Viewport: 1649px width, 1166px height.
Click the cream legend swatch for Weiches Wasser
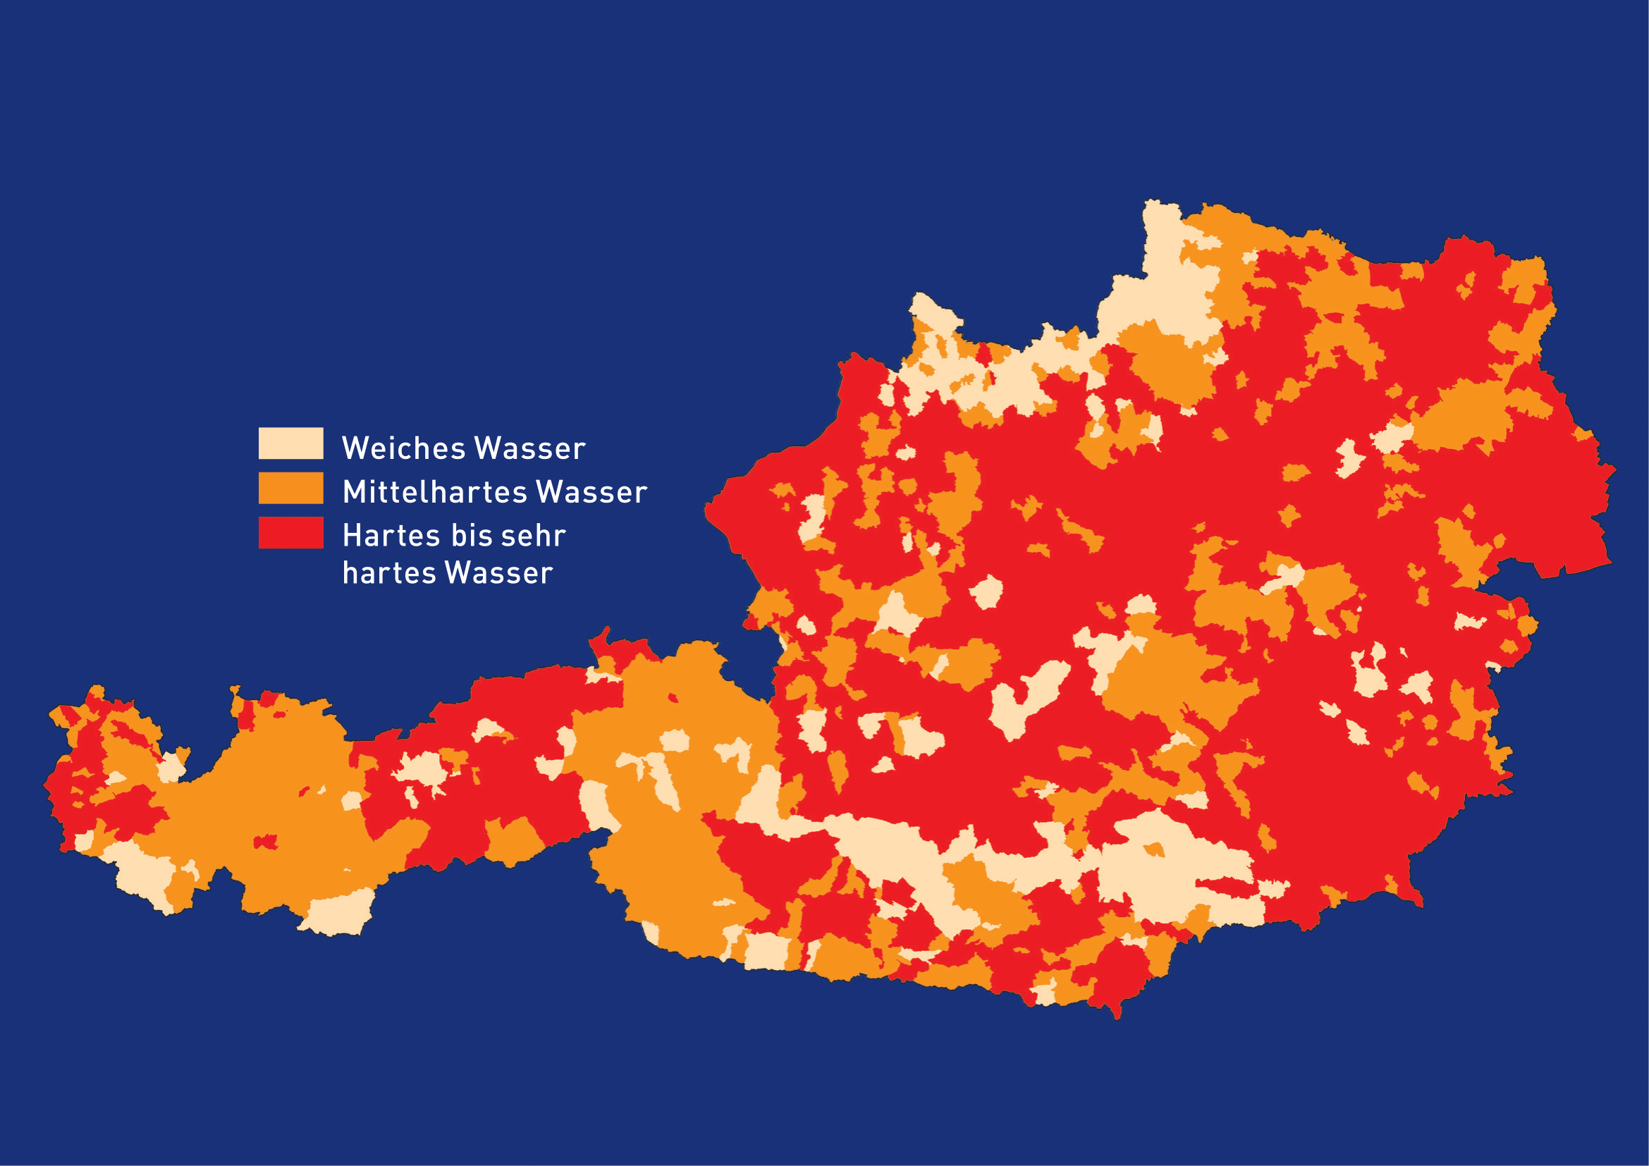(290, 443)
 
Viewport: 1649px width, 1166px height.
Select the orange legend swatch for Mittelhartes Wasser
(290, 488)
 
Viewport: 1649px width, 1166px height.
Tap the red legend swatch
(290, 532)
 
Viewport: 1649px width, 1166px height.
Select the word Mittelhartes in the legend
(435, 492)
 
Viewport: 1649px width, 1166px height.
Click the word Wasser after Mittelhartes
(591, 492)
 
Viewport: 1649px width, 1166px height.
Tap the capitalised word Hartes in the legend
(391, 536)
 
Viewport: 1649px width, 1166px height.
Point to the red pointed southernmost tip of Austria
(1117, 1012)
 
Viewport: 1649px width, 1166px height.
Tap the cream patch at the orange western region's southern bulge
(338, 913)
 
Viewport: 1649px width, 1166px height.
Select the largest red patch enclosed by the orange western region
(266, 842)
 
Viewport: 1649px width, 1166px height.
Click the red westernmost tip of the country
(49, 786)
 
